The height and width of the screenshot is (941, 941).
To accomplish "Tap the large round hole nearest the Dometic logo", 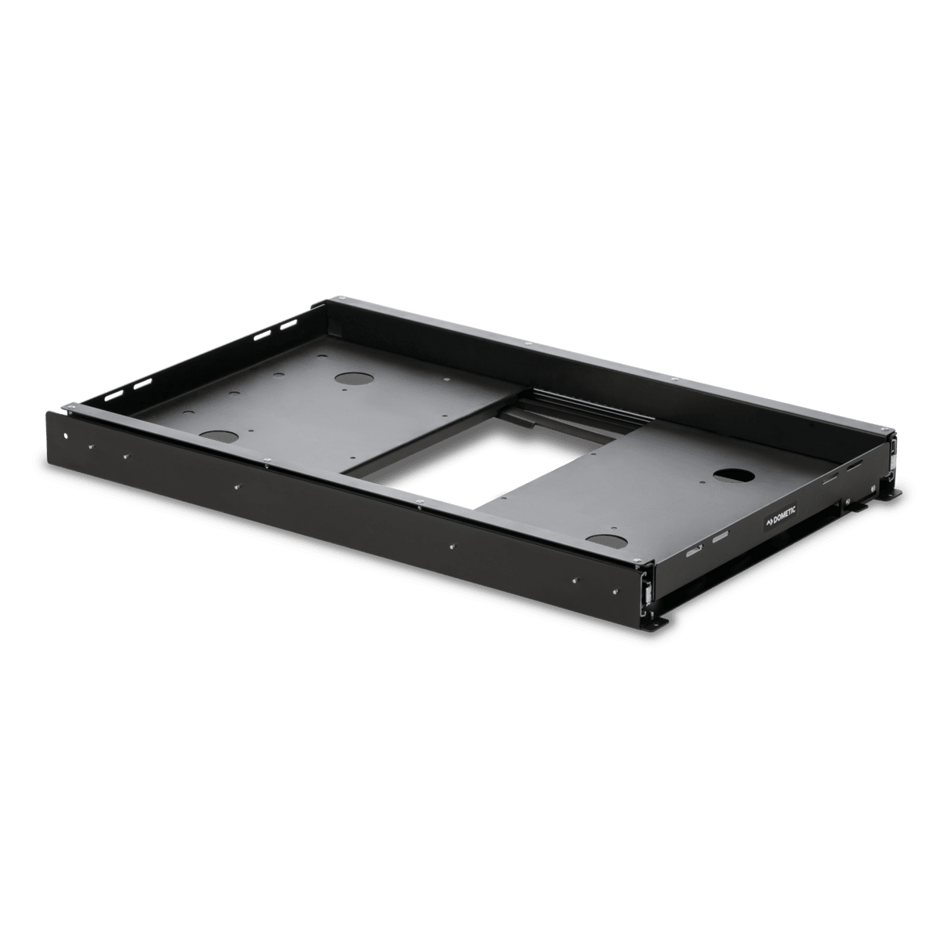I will pyautogui.click(x=734, y=475).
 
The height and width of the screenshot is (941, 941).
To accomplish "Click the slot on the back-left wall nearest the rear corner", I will pyautogui.click(x=288, y=324).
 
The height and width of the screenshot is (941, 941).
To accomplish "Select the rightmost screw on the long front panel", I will pyautogui.click(x=575, y=580).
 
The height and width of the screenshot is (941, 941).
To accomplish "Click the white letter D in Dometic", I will pyautogui.click(x=775, y=520).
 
